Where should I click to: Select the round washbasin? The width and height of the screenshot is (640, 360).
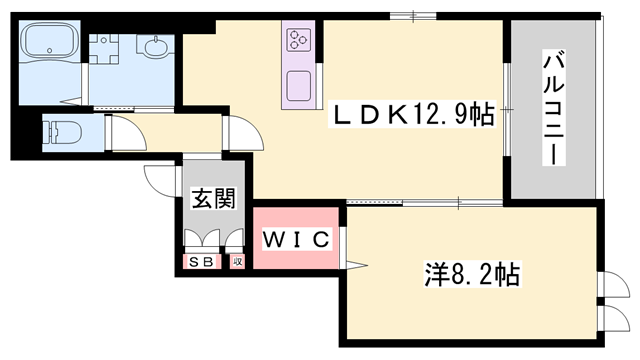pos(157,48)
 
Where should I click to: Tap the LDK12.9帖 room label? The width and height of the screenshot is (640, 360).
pos(412,117)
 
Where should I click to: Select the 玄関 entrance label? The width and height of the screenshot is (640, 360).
pos(214,198)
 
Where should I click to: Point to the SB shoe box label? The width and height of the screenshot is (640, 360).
pos(197,261)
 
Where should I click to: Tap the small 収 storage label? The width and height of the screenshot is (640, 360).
pos(237,261)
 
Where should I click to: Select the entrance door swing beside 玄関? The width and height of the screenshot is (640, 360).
pos(160,178)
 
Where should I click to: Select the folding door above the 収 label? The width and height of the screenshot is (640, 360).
pos(236,240)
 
